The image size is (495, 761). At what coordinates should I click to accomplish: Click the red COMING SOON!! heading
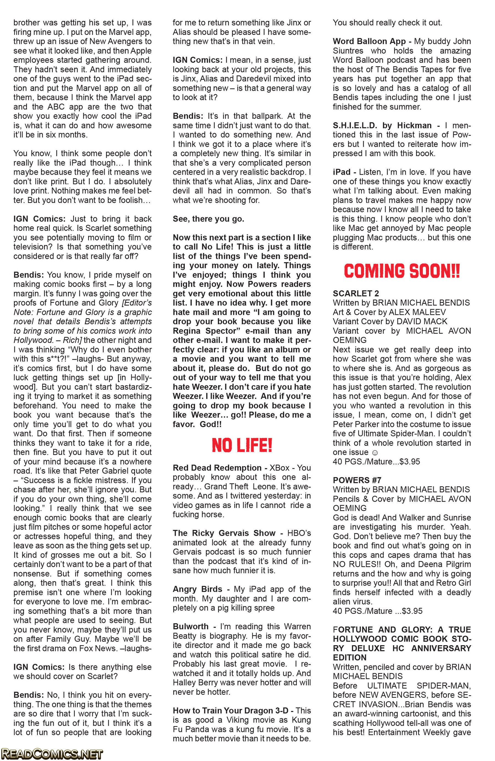point(402,271)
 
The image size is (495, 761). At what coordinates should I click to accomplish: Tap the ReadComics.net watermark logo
point(52,754)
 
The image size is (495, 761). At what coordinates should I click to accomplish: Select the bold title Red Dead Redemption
point(217,468)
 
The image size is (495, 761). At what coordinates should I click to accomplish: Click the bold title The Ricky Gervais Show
point(224,533)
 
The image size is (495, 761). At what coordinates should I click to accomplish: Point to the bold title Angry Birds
point(197,589)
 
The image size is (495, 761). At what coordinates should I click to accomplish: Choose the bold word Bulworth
point(191,627)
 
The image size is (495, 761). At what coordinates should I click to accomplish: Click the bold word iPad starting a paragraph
point(342,172)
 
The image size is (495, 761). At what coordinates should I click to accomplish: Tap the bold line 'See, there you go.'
point(208,219)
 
